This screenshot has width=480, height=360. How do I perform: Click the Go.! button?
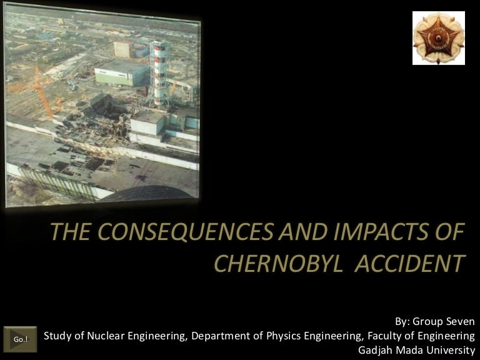coord(20,339)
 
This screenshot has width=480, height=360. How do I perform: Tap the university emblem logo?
coord(438,38)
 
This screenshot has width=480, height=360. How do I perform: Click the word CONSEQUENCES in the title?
coord(186,231)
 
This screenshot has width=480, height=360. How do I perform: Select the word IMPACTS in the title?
coord(381,231)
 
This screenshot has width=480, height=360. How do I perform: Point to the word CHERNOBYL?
coord(279,263)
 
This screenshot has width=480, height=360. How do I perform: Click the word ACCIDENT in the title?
coord(410,263)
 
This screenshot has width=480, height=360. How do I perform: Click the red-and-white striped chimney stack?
coord(159,74)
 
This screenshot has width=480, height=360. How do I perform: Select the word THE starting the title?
coord(70,231)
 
